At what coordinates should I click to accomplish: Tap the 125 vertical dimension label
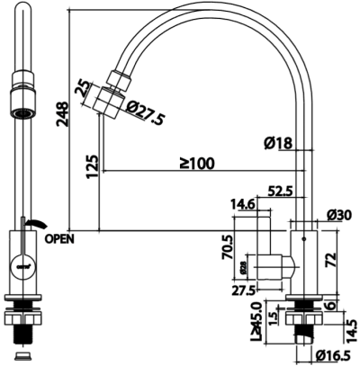coord(92,167)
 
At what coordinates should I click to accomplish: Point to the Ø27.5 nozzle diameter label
coord(148,113)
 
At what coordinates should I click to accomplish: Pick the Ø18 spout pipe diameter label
coord(276,142)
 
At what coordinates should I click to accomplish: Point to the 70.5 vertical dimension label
coord(228,245)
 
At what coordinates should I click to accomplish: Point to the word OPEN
coord(58,239)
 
